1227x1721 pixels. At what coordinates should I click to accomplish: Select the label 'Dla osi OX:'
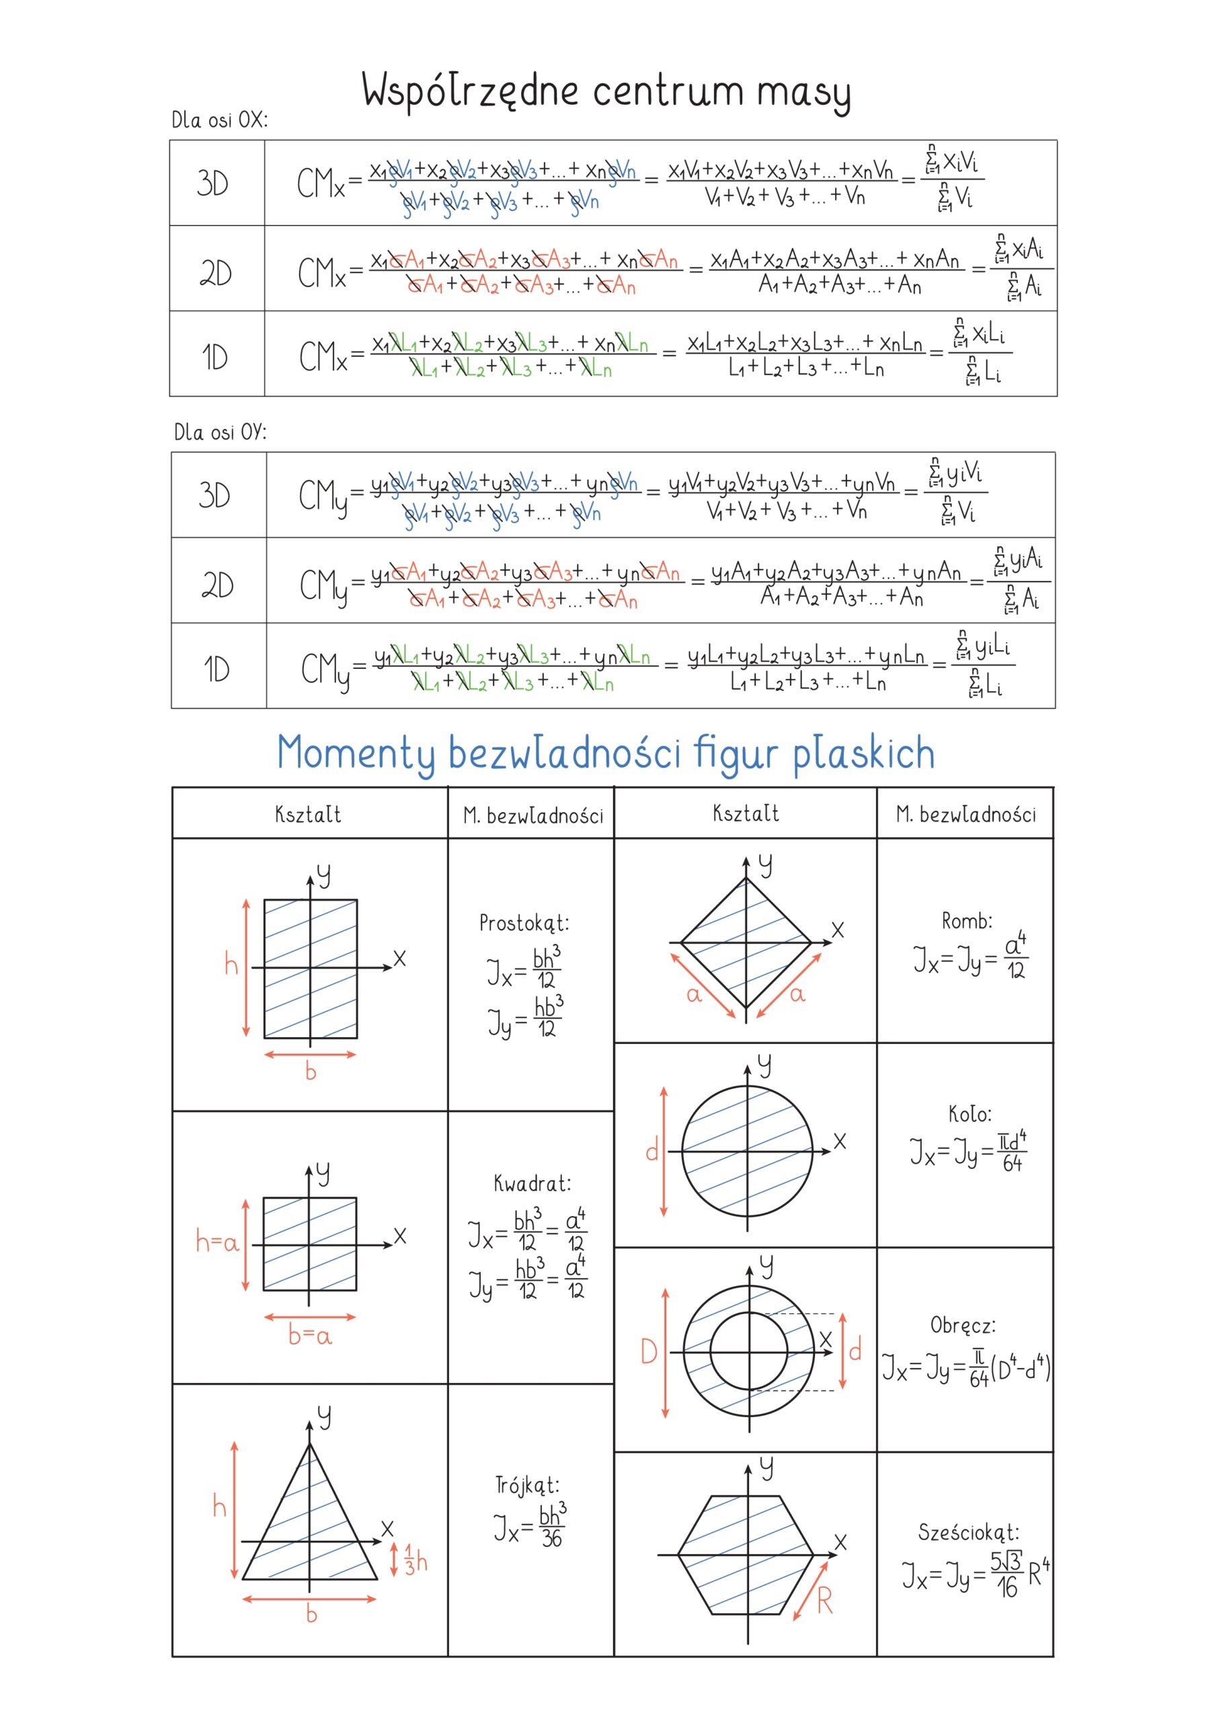[x=219, y=120]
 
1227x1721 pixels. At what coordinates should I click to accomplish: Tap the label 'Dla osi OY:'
[x=220, y=432]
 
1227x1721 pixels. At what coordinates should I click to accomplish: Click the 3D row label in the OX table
[x=212, y=183]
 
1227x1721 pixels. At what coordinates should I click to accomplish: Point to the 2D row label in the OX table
[x=215, y=273]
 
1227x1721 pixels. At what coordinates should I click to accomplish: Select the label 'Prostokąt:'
[x=524, y=923]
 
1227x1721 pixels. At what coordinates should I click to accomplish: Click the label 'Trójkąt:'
[x=527, y=1485]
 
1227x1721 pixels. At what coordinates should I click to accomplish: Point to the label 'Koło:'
[x=970, y=1113]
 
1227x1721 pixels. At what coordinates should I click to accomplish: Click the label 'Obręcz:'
[x=963, y=1325]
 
